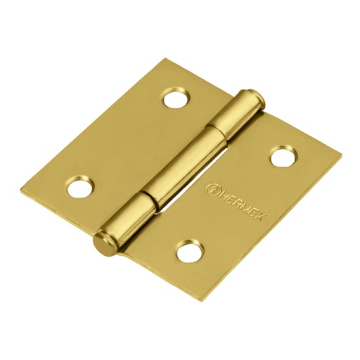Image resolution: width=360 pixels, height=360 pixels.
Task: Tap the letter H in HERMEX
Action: [221, 193]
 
